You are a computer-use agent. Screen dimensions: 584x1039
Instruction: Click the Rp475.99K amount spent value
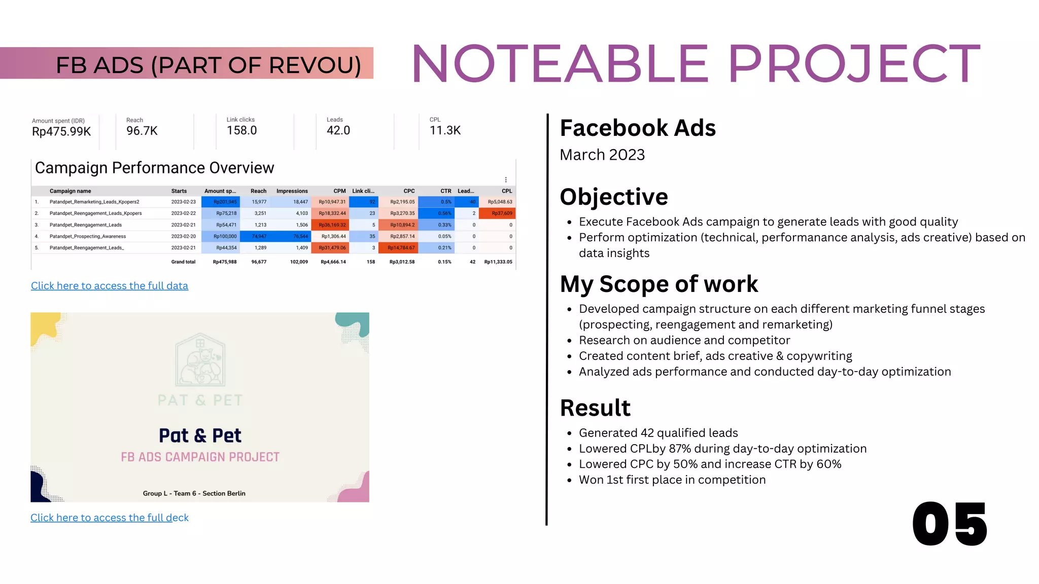point(61,132)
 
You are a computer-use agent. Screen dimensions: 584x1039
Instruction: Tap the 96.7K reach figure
point(142,131)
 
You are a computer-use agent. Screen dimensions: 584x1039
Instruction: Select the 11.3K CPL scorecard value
point(445,130)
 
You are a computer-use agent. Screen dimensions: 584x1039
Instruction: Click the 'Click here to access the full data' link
point(110,286)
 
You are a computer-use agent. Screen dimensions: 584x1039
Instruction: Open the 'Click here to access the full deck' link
point(110,518)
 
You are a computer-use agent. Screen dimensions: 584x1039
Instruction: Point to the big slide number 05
point(949,525)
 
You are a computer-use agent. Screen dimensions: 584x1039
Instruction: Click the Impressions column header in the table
point(292,191)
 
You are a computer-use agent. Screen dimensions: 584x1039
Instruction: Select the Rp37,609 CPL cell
point(501,213)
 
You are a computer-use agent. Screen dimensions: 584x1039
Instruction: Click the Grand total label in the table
point(183,262)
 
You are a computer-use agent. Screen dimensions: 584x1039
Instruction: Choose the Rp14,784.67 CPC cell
point(401,248)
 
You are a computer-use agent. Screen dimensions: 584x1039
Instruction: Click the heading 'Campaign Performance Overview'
point(154,168)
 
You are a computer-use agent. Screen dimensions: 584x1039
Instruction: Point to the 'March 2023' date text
point(602,155)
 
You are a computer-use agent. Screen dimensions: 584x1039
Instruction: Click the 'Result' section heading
point(595,408)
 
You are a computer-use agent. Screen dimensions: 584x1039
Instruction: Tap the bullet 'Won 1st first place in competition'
point(672,480)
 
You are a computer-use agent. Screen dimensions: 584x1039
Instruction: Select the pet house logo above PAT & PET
point(200,360)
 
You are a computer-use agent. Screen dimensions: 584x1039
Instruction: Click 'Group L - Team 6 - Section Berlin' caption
point(194,493)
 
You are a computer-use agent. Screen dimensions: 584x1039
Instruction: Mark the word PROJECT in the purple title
point(854,64)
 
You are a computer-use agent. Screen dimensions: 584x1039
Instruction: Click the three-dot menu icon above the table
point(506,180)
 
